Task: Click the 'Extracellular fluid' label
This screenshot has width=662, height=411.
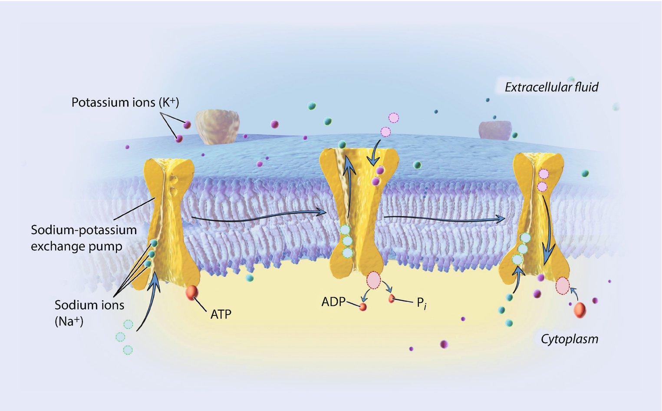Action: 551,87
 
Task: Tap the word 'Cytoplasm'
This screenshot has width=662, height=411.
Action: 569,339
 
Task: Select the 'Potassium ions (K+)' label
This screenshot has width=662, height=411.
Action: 125,103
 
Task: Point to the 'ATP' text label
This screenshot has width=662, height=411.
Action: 221,314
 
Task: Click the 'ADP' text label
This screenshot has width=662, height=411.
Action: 333,302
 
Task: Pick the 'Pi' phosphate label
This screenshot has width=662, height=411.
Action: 421,302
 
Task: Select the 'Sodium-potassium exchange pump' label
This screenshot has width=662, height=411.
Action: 83,238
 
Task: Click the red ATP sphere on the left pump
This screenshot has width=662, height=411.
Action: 192,293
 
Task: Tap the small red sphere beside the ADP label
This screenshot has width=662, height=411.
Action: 363,307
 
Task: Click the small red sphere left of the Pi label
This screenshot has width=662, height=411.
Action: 392,298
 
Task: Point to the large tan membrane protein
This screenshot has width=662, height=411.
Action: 217,126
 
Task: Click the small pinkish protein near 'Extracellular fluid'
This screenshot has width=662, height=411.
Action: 494,130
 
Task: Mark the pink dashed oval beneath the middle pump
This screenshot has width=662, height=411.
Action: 374,280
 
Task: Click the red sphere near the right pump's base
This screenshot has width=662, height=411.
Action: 580,310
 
